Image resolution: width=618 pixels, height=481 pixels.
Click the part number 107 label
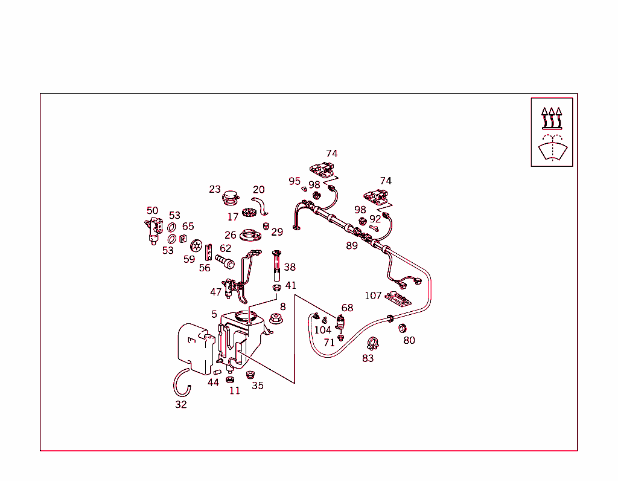[373, 295]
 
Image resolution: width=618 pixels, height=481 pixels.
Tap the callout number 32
[181, 404]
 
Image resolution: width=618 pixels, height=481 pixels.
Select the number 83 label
[368, 358]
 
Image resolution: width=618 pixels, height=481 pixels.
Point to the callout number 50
[153, 211]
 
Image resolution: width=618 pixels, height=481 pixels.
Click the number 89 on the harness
[352, 245]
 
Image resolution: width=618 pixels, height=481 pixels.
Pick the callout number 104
[323, 330]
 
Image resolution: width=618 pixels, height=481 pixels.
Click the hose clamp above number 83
[373, 344]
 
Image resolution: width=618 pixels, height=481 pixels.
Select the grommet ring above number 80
[403, 328]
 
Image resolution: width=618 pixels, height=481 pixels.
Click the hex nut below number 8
[275, 318]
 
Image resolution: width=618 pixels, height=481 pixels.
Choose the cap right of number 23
[231, 197]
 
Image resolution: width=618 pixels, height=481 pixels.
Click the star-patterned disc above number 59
[196, 246]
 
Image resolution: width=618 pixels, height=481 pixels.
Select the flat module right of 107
[398, 298]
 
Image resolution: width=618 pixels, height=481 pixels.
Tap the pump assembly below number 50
[154, 231]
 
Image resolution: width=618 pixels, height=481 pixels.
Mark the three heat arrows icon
[552, 118]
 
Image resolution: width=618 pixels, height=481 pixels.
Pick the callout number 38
[290, 267]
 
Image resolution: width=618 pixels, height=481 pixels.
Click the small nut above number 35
[250, 375]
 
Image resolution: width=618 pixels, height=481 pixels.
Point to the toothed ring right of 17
[249, 213]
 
